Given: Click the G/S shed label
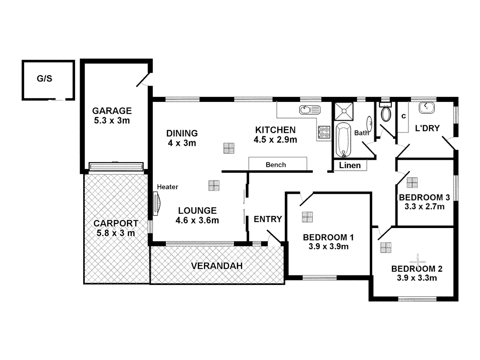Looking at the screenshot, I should [44, 79].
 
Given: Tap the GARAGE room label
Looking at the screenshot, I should [112, 111].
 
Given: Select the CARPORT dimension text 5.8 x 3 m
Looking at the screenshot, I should [116, 233].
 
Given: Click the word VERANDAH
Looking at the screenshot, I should [217, 266].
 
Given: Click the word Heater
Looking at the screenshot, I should [167, 187].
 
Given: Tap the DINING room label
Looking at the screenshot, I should [182, 133].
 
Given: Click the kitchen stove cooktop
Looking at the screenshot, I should [324, 132].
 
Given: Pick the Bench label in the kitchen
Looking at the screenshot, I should [276, 165].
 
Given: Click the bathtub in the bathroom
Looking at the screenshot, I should [343, 140].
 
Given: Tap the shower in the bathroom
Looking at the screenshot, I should [343, 111].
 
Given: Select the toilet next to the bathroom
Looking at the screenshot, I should [386, 113].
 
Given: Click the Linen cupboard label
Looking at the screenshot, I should [350, 165].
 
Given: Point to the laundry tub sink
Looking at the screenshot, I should [426, 108].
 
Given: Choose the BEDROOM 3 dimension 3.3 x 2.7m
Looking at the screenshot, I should [424, 207].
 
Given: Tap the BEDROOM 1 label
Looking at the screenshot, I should [328, 237].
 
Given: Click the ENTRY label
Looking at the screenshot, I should [268, 219].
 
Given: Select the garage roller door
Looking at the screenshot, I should [116, 166].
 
